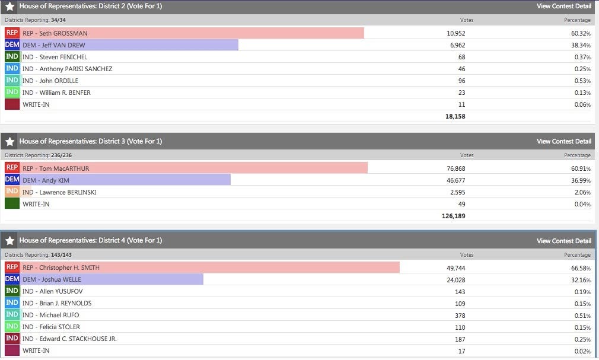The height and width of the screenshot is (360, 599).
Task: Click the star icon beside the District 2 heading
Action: pyautogui.click(x=10, y=7)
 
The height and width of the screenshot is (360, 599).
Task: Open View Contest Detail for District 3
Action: pyautogui.click(x=563, y=141)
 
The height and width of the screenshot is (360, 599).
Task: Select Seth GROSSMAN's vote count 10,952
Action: pyautogui.click(x=455, y=33)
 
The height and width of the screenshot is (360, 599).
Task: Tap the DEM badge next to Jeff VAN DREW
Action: pyautogui.click(x=12, y=45)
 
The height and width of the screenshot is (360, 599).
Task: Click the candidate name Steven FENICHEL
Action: pyautogui.click(x=63, y=57)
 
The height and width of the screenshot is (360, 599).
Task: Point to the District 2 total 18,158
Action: pyautogui.click(x=455, y=116)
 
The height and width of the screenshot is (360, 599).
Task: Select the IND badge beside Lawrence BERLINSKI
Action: pyautogui.click(x=12, y=192)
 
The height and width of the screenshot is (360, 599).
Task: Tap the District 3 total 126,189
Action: pyautogui.click(x=454, y=216)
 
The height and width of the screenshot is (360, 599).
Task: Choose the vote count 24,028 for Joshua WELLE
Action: pyautogui.click(x=455, y=279)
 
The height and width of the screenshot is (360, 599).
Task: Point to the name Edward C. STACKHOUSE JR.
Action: pyautogui.click(x=78, y=339)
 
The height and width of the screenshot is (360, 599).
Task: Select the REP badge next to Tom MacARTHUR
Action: pyautogui.click(x=12, y=168)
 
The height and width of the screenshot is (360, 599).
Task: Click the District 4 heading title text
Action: pyautogui.click(x=90, y=240)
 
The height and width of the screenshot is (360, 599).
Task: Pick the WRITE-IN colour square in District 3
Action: pyautogui.click(x=12, y=204)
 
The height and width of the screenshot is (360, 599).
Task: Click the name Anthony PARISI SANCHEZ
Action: pyautogui.click(x=75, y=69)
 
